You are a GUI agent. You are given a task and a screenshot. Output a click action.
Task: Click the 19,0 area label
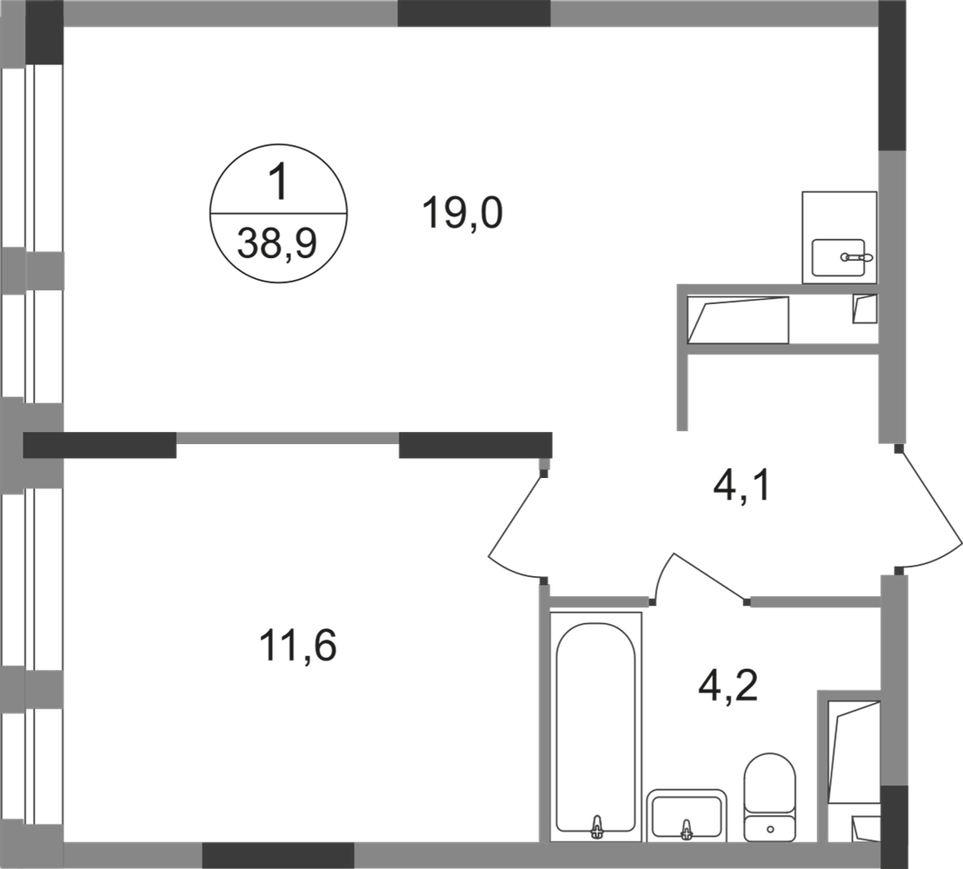tap(462, 214)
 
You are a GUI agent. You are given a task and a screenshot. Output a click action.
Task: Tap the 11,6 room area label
tap(298, 647)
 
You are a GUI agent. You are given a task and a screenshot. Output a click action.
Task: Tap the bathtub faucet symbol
tap(598, 826)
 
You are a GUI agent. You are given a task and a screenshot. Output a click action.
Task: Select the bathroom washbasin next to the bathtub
tap(687, 813)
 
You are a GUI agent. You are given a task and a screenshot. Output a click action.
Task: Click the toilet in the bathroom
tap(768, 795)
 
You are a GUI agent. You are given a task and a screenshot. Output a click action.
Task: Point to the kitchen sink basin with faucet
tap(840, 259)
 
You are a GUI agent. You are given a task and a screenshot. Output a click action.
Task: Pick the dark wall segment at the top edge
tap(474, 15)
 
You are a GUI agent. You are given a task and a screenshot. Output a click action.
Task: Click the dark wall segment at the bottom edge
tap(278, 855)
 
